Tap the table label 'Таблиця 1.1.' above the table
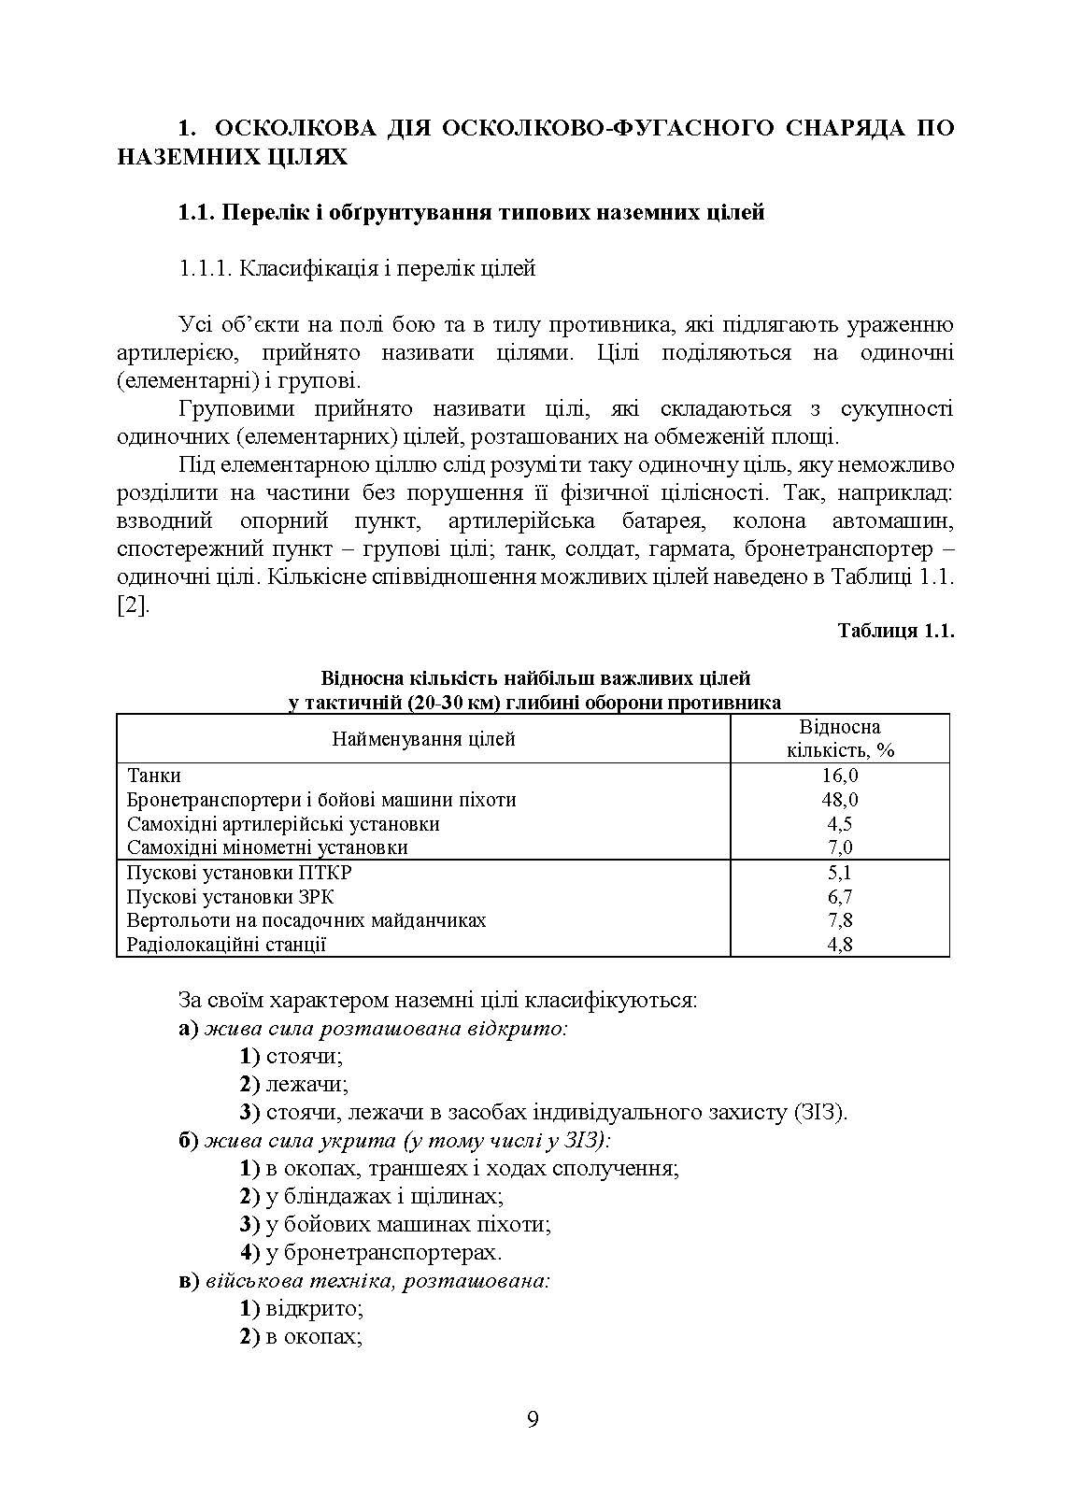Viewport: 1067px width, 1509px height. pyautogui.click(x=895, y=631)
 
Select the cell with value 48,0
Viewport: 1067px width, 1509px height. pyautogui.click(x=840, y=800)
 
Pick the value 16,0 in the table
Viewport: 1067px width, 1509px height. pyautogui.click(x=840, y=776)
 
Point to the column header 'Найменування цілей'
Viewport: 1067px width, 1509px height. pyautogui.click(x=423, y=739)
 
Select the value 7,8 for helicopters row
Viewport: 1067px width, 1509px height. pyautogui.click(x=840, y=920)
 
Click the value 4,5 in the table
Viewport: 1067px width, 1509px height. pyautogui.click(x=840, y=824)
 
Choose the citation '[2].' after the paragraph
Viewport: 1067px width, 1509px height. pyautogui.click(x=133, y=605)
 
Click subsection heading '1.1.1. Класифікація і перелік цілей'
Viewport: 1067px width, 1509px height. pyautogui.click(x=357, y=269)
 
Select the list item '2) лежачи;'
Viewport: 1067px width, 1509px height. pyautogui.click(x=293, y=1085)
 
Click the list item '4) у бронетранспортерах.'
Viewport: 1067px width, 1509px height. pyautogui.click(x=371, y=1252)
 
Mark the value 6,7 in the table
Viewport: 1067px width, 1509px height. pyautogui.click(x=840, y=897)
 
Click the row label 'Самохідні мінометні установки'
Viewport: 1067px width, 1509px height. pyautogui.click(x=267, y=848)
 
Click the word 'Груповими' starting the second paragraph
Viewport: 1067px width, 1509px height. pyautogui.click(x=234, y=409)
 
